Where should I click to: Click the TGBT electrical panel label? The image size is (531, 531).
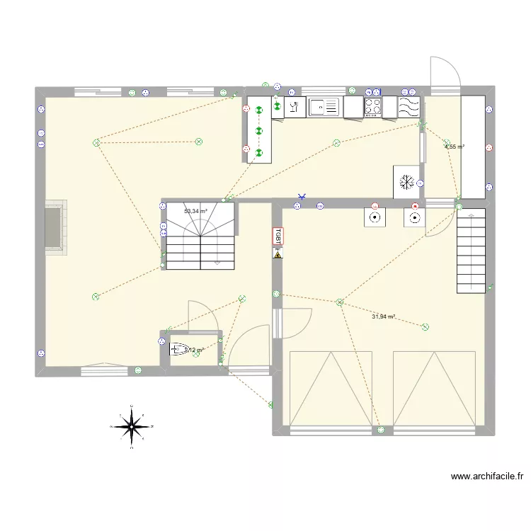click(278, 236)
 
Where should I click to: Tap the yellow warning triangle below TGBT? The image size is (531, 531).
click(278, 252)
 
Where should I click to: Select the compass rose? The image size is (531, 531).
click(132, 426)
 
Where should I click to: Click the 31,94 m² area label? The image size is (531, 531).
click(383, 316)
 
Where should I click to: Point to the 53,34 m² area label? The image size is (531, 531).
click(195, 211)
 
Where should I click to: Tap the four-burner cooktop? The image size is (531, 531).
click(374, 107)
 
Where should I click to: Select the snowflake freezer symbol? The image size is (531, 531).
click(406, 181)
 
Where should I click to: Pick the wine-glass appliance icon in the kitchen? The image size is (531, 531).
click(294, 108)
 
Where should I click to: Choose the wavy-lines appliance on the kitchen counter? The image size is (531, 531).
click(409, 107)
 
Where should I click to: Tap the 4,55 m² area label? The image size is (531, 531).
click(454, 147)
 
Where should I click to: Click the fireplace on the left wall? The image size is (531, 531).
click(55, 227)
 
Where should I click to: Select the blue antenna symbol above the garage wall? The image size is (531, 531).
click(302, 196)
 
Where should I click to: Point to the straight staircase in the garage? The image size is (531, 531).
click(472, 251)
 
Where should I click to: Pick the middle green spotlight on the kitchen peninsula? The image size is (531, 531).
click(258, 131)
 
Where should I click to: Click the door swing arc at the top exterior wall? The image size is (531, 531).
click(447, 71)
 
